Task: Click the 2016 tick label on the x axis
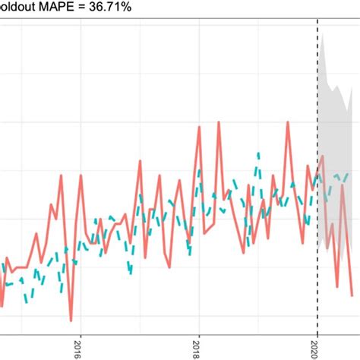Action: click(x=77, y=350)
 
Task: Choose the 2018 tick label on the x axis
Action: click(x=197, y=350)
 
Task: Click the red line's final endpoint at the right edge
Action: click(x=352, y=295)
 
